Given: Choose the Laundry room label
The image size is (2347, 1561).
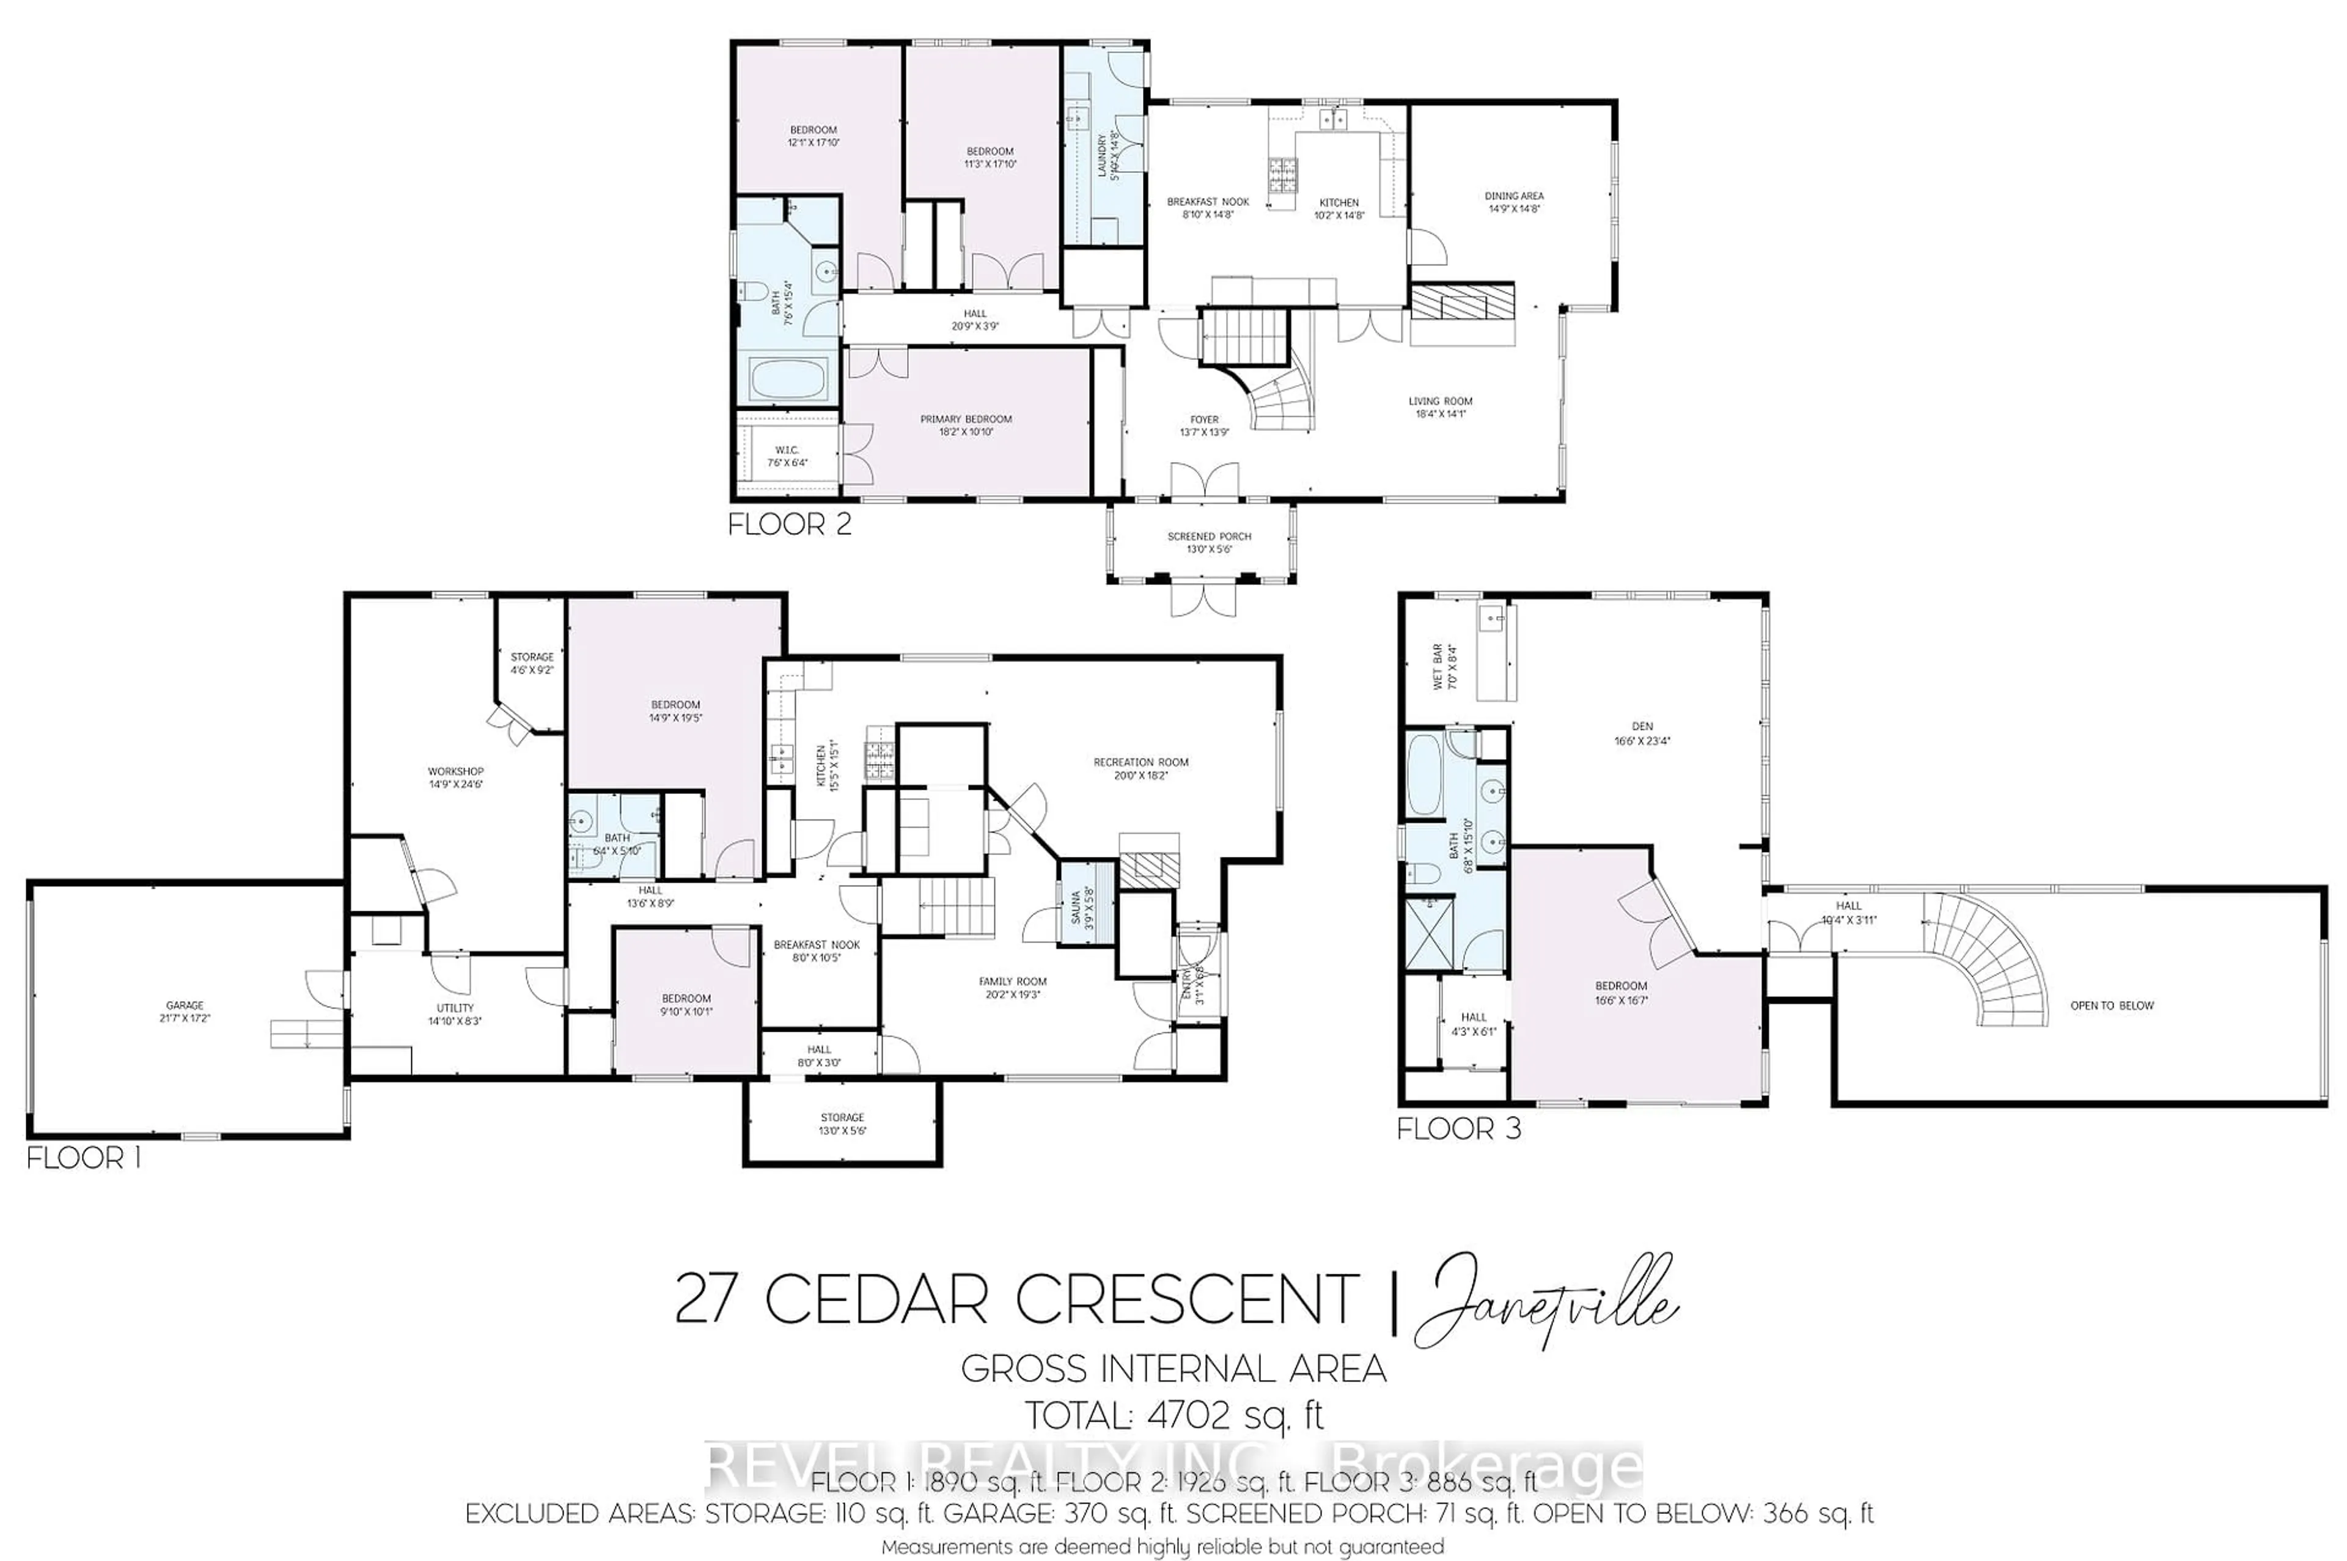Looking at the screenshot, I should pyautogui.click(x=1107, y=156).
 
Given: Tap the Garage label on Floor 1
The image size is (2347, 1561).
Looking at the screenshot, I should pyautogui.click(x=185, y=1012).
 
